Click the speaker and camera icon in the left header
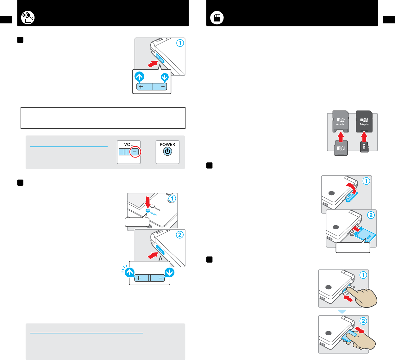click(x=28, y=18)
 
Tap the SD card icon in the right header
click(x=217, y=18)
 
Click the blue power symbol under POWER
click(x=167, y=152)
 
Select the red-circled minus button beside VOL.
click(x=135, y=152)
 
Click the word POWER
click(x=167, y=145)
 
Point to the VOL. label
click(x=129, y=145)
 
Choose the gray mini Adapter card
click(x=341, y=121)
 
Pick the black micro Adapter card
click(x=364, y=121)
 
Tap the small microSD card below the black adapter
click(x=364, y=147)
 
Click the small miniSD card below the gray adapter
click(x=341, y=148)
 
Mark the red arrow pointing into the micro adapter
click(x=364, y=136)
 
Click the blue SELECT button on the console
click(x=147, y=211)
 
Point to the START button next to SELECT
click(x=153, y=207)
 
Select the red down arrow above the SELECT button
click(x=147, y=202)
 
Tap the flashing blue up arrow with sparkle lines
click(x=130, y=272)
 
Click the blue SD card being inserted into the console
click(x=365, y=234)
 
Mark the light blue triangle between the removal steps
click(x=342, y=312)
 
